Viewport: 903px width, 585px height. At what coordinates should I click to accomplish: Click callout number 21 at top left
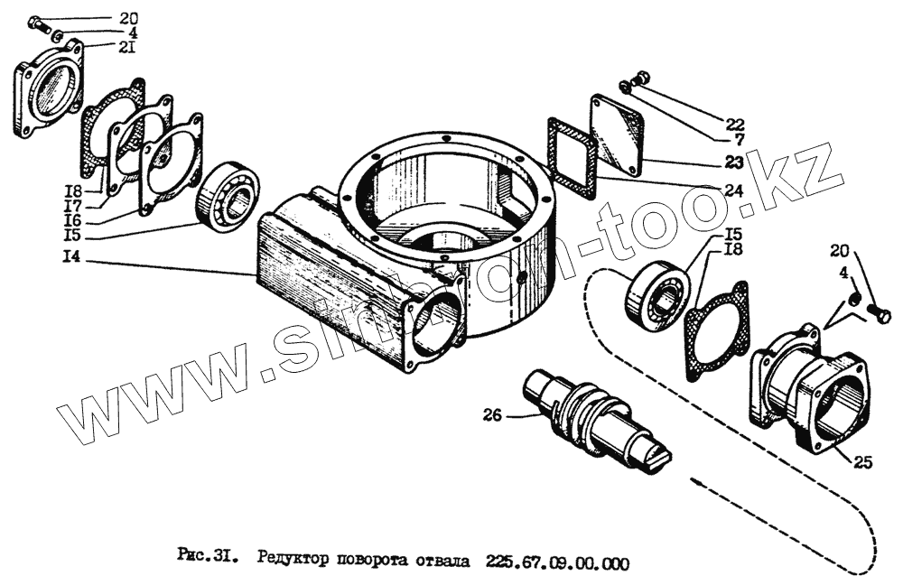tap(129, 47)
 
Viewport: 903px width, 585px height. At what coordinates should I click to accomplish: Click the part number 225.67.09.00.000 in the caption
tap(556, 562)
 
